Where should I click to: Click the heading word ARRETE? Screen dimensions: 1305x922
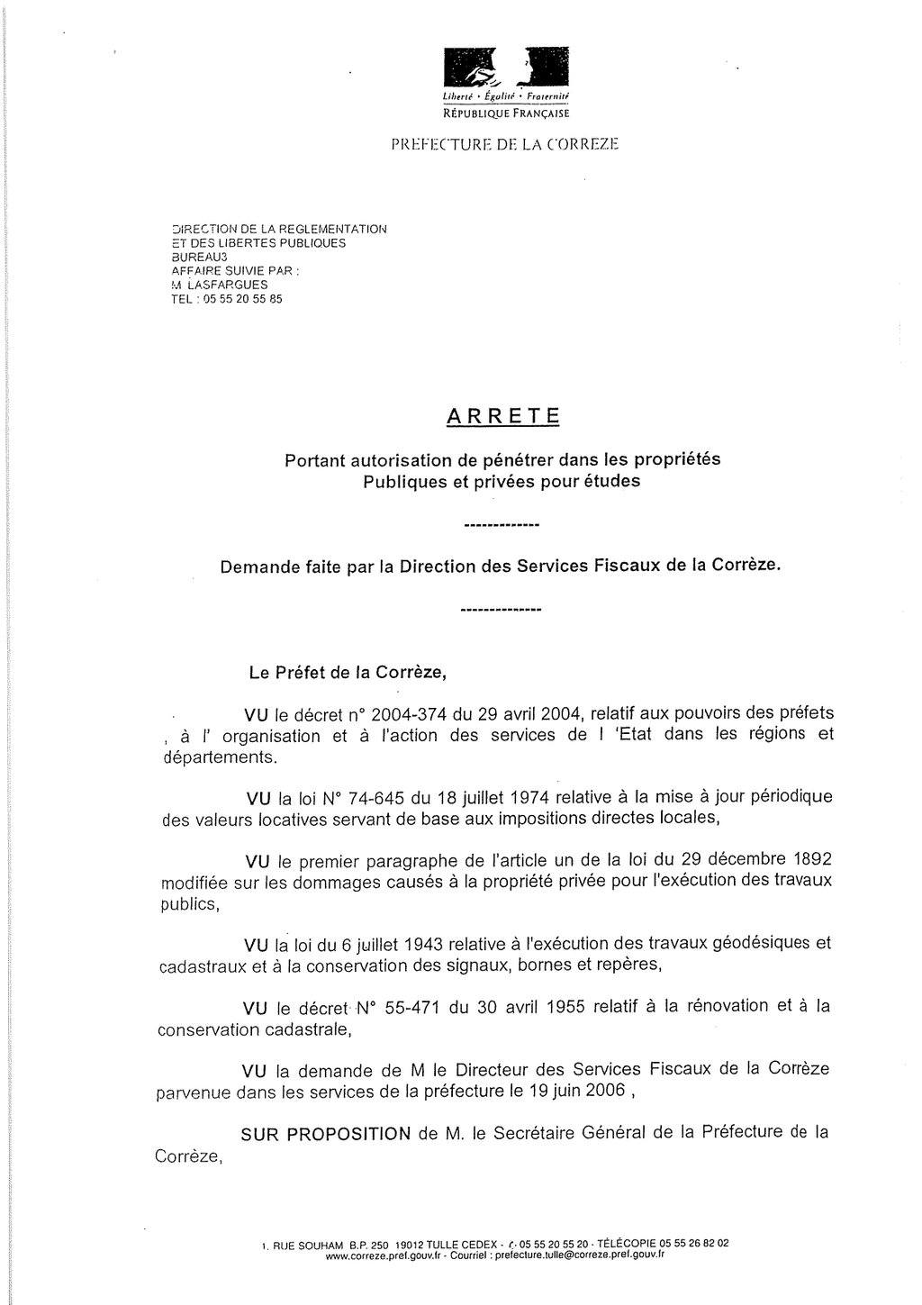502,416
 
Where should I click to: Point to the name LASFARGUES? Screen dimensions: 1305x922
228,285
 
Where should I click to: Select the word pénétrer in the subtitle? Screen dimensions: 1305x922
510,459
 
